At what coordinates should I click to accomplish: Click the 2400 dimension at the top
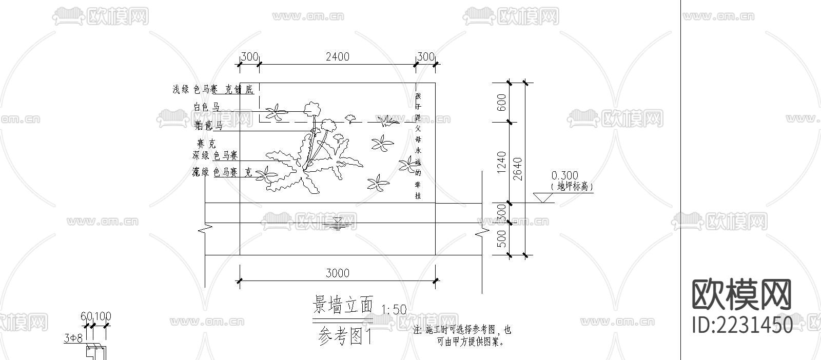(x=337, y=56)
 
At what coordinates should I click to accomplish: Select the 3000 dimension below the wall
(x=337, y=273)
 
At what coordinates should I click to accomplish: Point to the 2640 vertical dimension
(x=518, y=169)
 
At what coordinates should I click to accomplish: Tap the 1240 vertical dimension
(x=502, y=162)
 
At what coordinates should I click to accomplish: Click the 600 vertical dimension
(x=502, y=103)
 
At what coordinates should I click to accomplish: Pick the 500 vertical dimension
(x=502, y=238)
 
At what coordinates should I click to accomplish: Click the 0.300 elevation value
(x=563, y=176)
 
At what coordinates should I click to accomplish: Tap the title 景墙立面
(x=343, y=306)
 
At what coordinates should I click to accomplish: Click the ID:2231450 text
(x=742, y=325)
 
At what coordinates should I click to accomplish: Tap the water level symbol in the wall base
(x=337, y=223)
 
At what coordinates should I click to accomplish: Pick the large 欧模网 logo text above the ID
(x=742, y=295)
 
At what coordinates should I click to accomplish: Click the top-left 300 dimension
(x=249, y=56)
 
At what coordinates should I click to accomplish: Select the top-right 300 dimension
(x=425, y=56)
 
